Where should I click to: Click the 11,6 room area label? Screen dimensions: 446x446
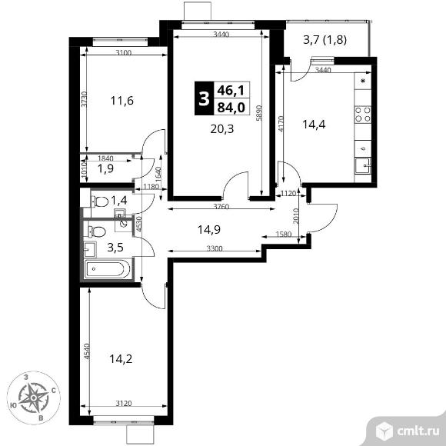pos(122,101)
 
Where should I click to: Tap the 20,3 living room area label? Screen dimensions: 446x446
pos(222,129)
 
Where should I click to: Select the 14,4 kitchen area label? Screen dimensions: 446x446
pos(314,125)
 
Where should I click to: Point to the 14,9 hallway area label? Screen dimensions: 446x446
pos(209,230)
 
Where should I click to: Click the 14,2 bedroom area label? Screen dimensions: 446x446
pos(121,359)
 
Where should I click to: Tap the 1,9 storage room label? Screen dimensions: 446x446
pos(106,168)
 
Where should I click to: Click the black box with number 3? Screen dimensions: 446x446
pos(204,98)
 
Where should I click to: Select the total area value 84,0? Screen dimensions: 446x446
pos(231,108)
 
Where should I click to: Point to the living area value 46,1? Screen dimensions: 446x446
pos(231,91)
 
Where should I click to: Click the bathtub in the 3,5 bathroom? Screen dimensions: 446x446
pos(108,269)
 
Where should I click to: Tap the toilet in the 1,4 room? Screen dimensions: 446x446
pos(99,202)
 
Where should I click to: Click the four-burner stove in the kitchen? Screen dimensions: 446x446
pos(363,114)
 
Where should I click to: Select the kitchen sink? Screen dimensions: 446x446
pos(363,165)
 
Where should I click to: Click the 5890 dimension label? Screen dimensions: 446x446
pos(258,113)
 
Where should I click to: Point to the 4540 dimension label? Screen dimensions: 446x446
pos(87,351)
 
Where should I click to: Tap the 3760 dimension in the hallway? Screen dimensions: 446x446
pos(221,207)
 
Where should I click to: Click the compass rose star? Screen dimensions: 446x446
pos(34,398)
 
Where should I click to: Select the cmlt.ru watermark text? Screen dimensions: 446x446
pos(418,431)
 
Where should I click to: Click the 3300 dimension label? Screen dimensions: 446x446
pos(215,249)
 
